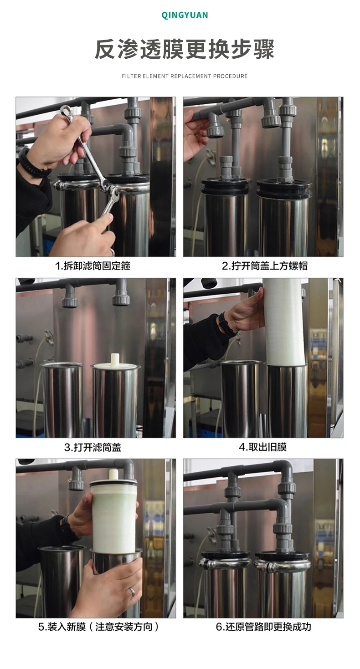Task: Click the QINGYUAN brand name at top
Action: pyautogui.click(x=185, y=15)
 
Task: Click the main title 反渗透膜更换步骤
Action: pyautogui.click(x=185, y=50)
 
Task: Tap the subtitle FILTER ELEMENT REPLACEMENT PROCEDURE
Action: pyautogui.click(x=185, y=76)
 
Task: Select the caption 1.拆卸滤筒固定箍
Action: pyautogui.click(x=93, y=266)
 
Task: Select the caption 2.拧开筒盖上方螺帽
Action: pyautogui.click(x=264, y=266)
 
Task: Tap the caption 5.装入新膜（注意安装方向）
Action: pyautogui.click(x=99, y=627)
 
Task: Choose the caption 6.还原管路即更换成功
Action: pyautogui.click(x=263, y=627)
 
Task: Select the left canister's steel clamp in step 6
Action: pyautogui.click(x=226, y=564)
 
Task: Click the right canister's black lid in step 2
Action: pyautogui.click(x=283, y=186)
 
